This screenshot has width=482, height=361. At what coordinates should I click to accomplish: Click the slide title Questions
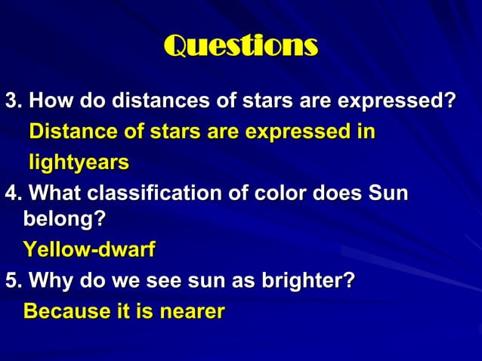[240, 47]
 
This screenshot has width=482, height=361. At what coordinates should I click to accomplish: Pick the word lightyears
[79, 162]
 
